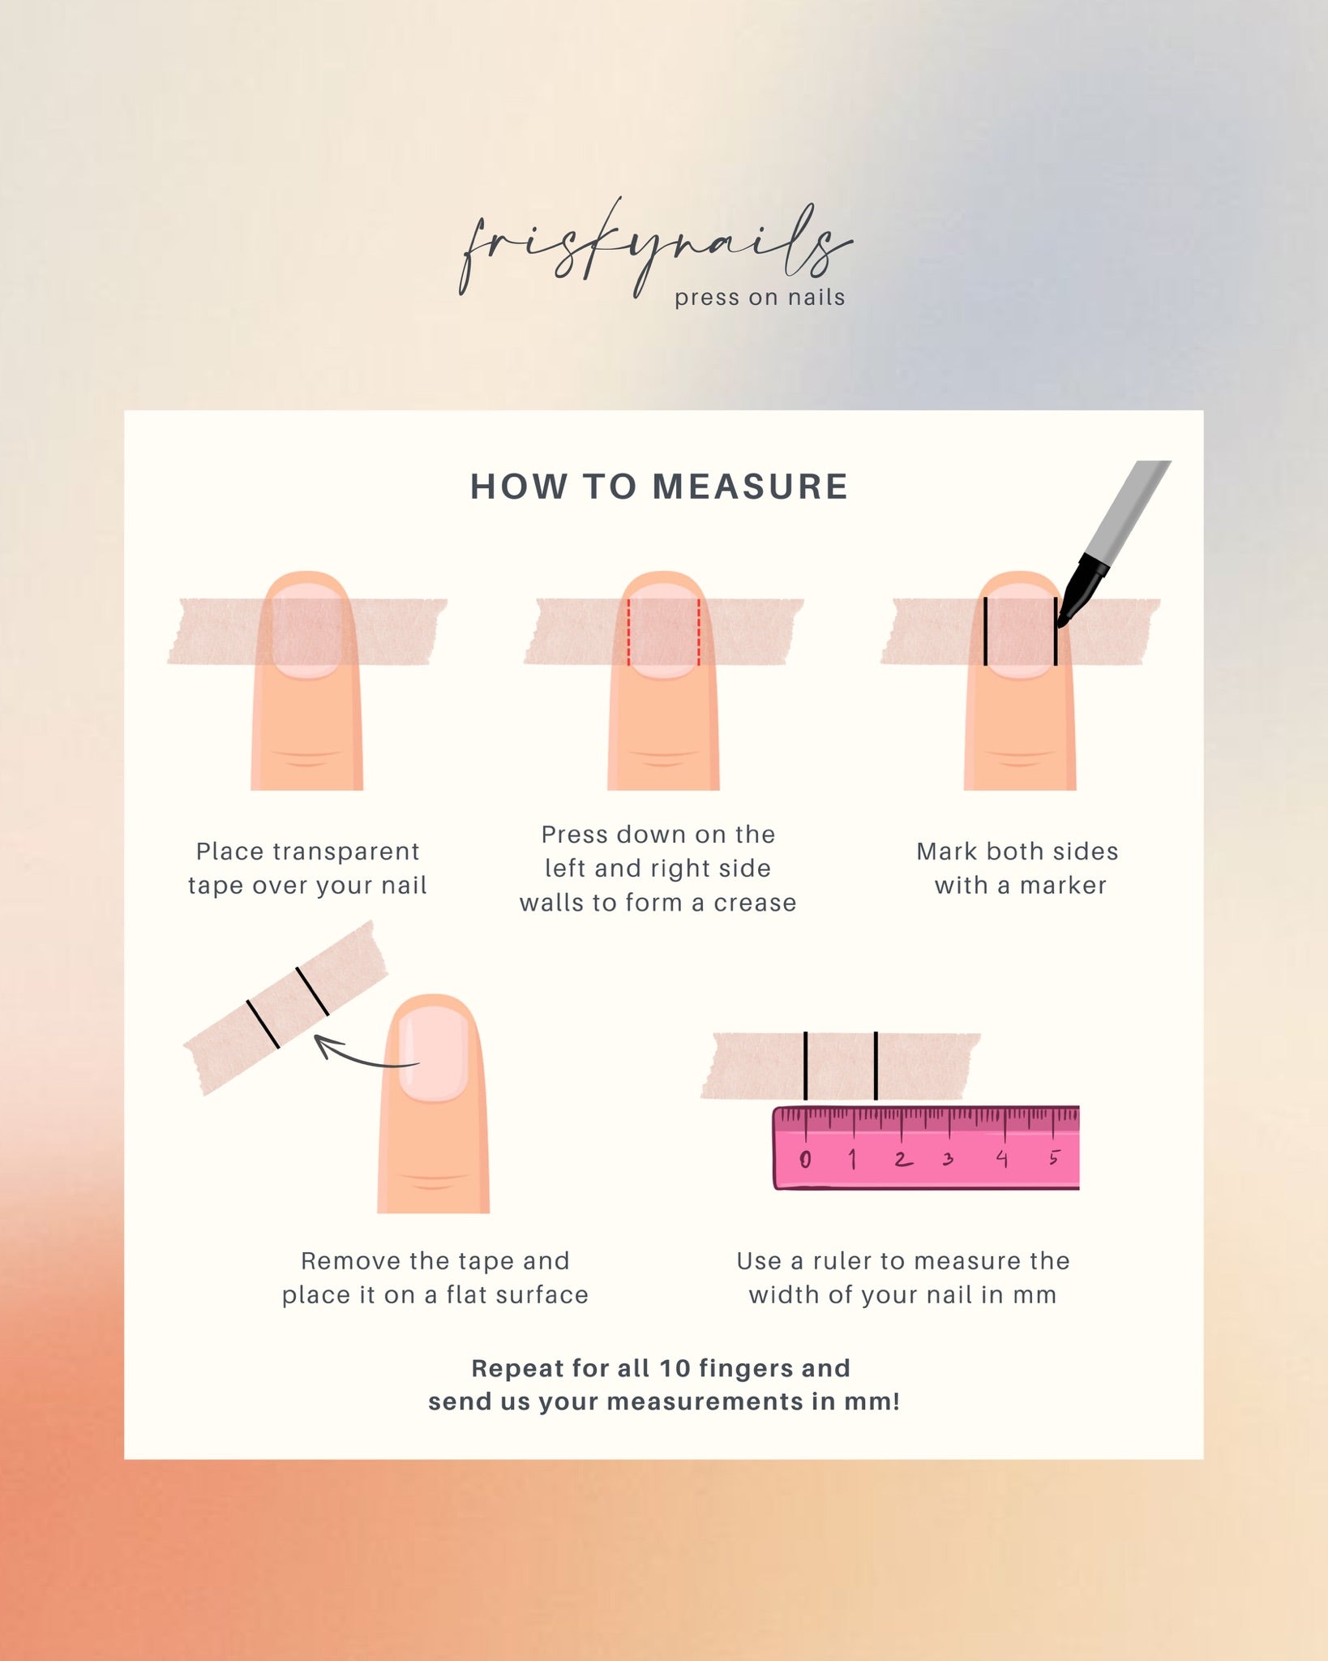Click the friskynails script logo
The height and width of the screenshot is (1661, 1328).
[655, 248]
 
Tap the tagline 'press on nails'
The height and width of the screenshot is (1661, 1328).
[760, 298]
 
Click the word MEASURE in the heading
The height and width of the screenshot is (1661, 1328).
[751, 487]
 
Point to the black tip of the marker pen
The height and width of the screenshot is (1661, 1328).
[1061, 621]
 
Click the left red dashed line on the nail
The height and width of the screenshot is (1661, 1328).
[629, 633]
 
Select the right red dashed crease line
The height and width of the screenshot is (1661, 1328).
[698, 633]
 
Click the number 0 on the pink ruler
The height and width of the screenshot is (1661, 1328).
[804, 1160]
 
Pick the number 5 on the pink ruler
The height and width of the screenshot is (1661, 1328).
[1054, 1157]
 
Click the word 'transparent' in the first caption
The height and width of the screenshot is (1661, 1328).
[346, 852]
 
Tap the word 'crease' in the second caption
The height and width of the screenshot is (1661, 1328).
[755, 903]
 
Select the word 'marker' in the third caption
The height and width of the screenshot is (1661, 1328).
[1063, 886]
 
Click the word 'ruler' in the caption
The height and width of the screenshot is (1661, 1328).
[843, 1261]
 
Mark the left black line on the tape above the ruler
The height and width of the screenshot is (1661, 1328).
[806, 1066]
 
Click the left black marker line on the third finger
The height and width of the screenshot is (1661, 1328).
[985, 631]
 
